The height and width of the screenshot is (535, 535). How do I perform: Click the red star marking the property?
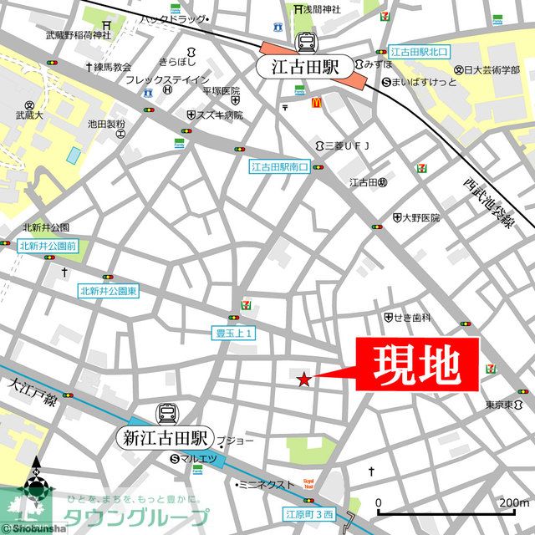tap(303, 380)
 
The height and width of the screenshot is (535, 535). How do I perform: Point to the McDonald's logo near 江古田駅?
tap(318, 102)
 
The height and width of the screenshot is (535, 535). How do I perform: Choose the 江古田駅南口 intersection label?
tap(280, 167)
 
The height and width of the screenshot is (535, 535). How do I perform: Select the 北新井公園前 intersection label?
tap(49, 246)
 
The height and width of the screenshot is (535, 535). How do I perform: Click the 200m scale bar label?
tap(513, 502)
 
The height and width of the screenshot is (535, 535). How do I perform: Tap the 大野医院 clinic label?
tap(420, 217)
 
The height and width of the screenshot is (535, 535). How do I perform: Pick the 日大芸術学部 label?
tap(493, 69)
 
